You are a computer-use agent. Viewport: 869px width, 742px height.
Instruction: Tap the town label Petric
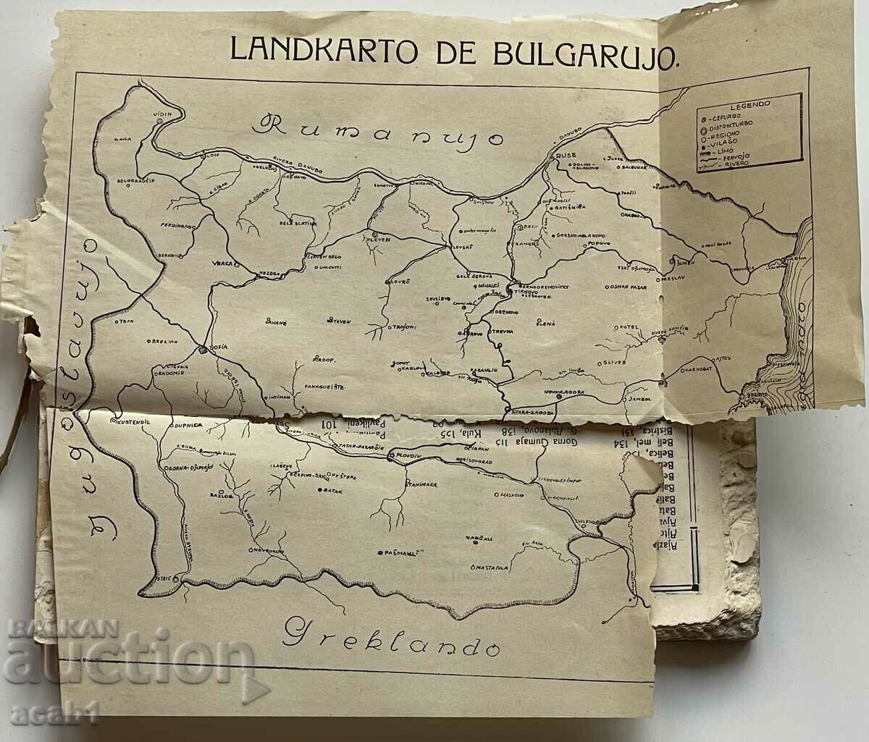pos(164,579)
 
